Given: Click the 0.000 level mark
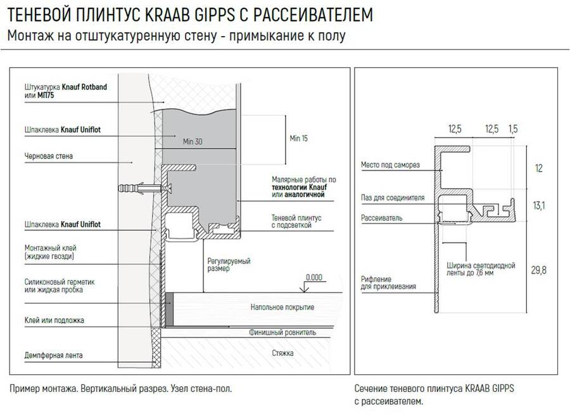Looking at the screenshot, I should [312, 277].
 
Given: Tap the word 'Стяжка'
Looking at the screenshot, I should [282, 352].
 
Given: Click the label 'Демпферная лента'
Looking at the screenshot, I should [53, 355].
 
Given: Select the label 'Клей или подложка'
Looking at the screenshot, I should [54, 320].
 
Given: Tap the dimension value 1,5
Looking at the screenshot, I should [513, 129].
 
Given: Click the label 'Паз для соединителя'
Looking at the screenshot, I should [393, 198].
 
